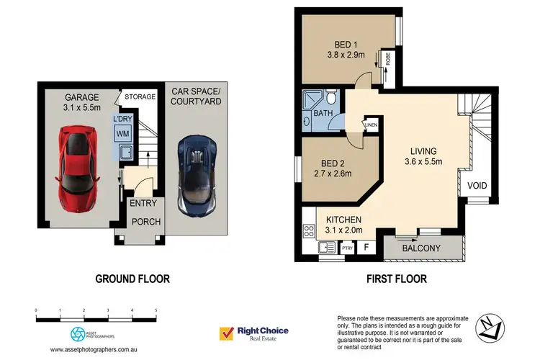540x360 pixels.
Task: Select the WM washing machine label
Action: [x=122, y=133]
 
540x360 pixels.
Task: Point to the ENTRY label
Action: [x=143, y=204]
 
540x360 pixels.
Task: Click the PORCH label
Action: [x=145, y=222]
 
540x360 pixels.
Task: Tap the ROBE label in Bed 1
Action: [x=388, y=58]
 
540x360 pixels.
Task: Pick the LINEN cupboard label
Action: [x=372, y=126]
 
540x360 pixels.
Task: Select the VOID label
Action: [x=477, y=186]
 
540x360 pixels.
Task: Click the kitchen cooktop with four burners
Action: [x=310, y=232]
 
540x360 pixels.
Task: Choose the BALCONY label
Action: [x=421, y=248]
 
